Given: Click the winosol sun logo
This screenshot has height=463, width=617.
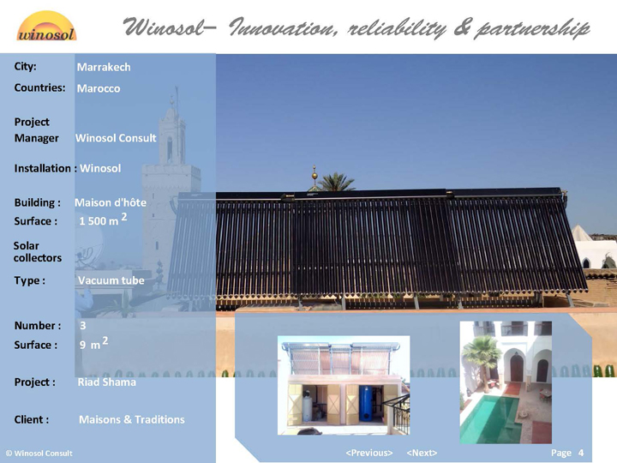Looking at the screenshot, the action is [x=46, y=27].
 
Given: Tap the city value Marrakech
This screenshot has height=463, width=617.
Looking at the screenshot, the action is [x=104, y=68].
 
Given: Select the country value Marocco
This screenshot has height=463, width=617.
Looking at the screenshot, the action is [x=99, y=88].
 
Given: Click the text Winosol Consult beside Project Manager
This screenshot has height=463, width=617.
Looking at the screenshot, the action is [x=116, y=138].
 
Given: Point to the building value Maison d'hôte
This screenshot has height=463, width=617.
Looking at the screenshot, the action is [x=111, y=202].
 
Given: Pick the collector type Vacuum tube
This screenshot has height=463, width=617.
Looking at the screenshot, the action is [x=111, y=280].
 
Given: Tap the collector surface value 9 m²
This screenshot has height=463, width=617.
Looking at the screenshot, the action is [x=93, y=343].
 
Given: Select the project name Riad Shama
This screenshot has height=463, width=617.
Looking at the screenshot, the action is [x=106, y=382].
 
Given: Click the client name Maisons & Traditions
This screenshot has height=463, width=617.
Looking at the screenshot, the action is [x=132, y=419].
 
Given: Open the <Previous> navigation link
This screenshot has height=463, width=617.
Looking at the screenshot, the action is [x=369, y=454].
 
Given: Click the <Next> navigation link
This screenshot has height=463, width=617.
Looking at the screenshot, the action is [x=422, y=454].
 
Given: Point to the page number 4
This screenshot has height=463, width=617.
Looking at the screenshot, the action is [x=581, y=454].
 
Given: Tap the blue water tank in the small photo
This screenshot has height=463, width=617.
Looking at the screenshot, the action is [x=366, y=403].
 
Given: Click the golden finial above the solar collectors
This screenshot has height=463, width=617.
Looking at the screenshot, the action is [x=314, y=173].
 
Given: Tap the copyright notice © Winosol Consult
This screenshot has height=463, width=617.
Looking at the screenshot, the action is [x=39, y=454].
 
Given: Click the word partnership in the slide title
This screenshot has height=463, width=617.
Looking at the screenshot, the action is [x=532, y=28].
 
